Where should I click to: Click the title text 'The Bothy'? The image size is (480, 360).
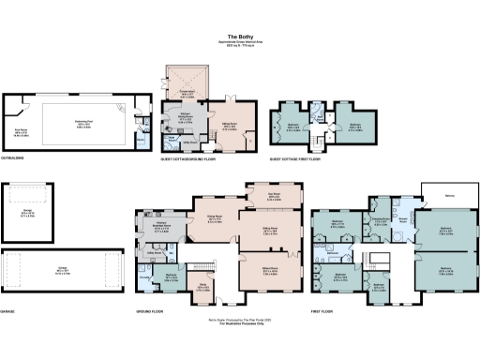[x=239, y=35]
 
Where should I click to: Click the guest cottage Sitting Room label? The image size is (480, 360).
[x=229, y=128]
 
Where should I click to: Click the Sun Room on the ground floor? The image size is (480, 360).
[x=275, y=197]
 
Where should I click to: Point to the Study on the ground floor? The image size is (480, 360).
[x=204, y=288]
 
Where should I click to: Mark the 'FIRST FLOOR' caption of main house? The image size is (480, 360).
[x=324, y=309]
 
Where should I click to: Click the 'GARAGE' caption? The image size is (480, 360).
[x=12, y=309]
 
